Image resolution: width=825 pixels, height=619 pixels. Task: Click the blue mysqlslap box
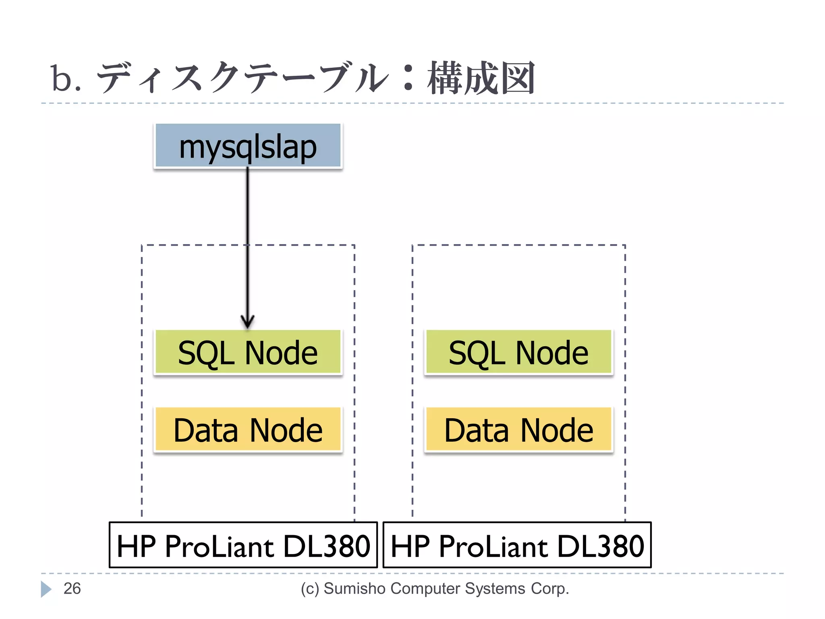(x=248, y=145)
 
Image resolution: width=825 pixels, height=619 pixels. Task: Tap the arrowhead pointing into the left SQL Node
(x=247, y=322)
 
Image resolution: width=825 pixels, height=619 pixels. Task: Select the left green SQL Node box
(x=248, y=352)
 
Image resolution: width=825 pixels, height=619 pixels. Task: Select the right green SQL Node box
(x=518, y=352)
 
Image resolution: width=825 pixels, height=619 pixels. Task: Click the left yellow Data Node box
(x=248, y=430)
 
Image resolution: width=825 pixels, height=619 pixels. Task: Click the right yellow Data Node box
(x=518, y=430)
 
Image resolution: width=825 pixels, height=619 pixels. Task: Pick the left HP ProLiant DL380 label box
(x=243, y=545)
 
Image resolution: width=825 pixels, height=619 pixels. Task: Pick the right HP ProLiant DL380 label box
(x=517, y=545)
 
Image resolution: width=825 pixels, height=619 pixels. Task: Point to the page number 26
(x=72, y=588)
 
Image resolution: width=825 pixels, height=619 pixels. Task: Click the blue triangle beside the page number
(x=46, y=589)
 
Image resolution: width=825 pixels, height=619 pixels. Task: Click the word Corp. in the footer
(x=549, y=588)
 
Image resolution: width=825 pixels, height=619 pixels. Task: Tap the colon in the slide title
(x=408, y=79)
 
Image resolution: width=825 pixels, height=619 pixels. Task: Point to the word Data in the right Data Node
(x=477, y=430)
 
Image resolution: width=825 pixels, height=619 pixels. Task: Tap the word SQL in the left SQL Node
(x=206, y=353)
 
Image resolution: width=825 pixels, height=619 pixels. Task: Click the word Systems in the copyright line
(x=495, y=588)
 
